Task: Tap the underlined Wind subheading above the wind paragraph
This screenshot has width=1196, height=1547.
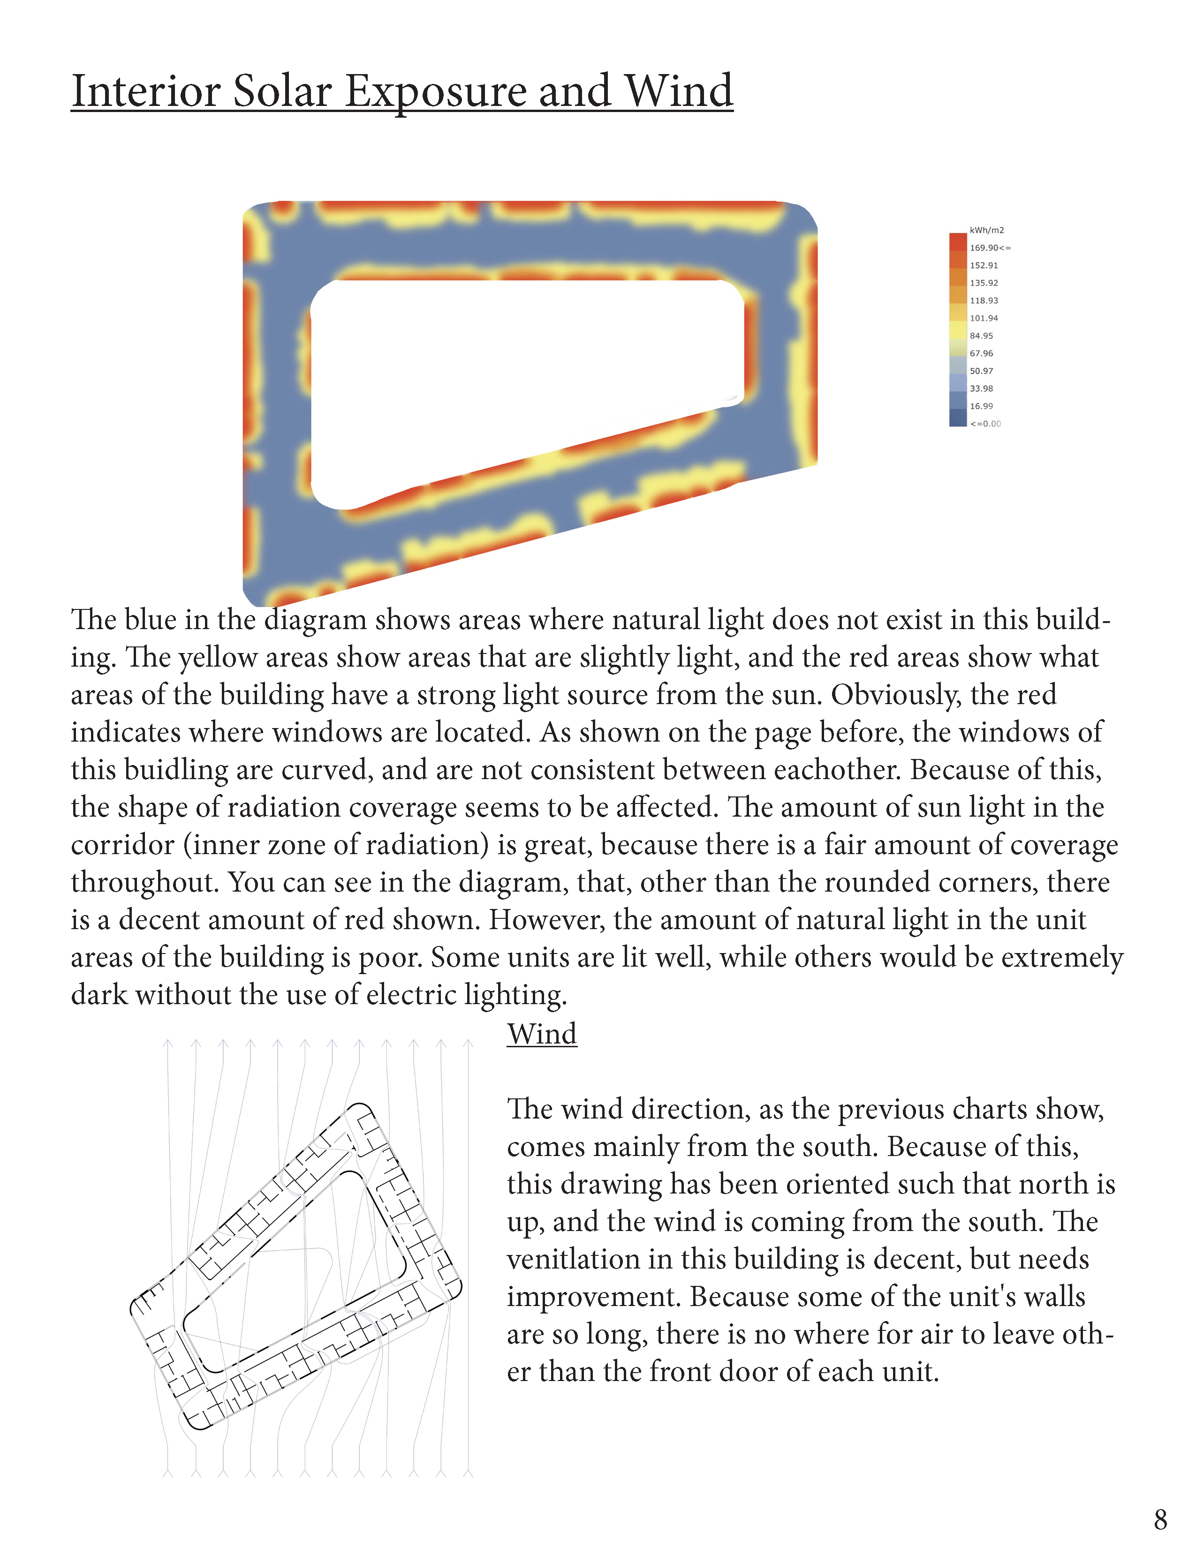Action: point(542,1034)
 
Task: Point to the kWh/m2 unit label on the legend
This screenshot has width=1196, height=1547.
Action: point(986,230)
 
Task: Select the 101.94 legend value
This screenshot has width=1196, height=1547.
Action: point(984,318)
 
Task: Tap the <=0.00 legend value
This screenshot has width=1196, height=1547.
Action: point(985,424)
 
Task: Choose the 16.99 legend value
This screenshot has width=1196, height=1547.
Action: point(981,406)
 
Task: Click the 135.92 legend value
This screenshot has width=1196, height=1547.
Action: point(984,283)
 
